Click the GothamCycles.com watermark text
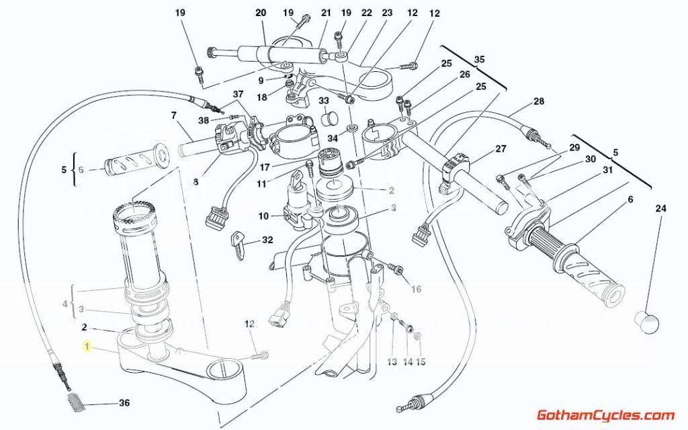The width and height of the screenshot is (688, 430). pyautogui.click(x=605, y=415)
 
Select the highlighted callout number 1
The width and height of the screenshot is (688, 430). pyautogui.click(x=86, y=347)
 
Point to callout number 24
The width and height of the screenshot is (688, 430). pyautogui.click(x=660, y=208)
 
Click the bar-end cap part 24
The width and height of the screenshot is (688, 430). pyautogui.click(x=648, y=322)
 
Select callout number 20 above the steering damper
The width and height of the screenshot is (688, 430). pyautogui.click(x=261, y=13)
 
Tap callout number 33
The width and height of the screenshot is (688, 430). pyautogui.click(x=324, y=101)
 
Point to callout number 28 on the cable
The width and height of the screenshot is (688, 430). pyautogui.click(x=539, y=102)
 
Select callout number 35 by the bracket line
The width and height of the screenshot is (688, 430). pyautogui.click(x=479, y=60)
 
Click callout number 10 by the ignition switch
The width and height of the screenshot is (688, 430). pyautogui.click(x=263, y=216)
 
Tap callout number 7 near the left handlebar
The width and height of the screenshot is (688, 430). pyautogui.click(x=173, y=116)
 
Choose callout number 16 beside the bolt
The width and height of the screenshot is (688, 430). pyautogui.click(x=416, y=290)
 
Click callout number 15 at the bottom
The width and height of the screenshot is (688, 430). pyautogui.click(x=421, y=362)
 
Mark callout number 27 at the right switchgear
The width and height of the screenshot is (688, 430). pyautogui.click(x=501, y=149)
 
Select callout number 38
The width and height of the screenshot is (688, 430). pyautogui.click(x=204, y=120)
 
